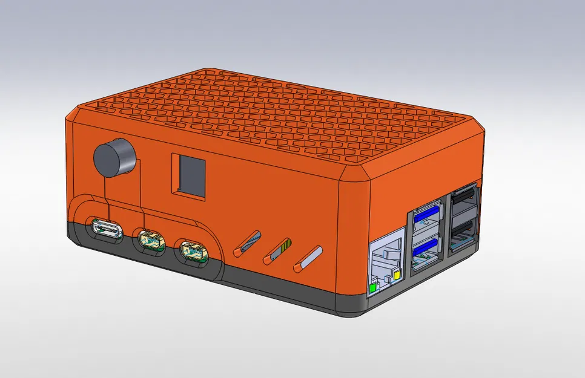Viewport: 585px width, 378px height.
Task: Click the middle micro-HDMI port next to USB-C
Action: (x=150, y=240)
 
